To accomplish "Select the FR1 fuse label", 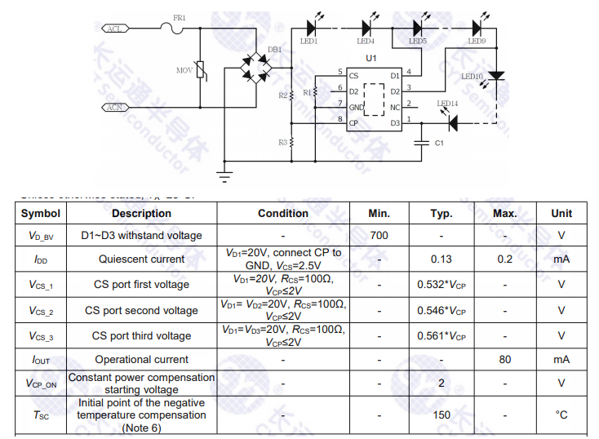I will pyautogui.click(x=180, y=18).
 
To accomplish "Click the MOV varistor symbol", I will pyautogui.click(x=202, y=71).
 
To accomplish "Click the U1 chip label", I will pyautogui.click(x=371, y=58).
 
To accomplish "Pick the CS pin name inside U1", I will pyautogui.click(x=353, y=76).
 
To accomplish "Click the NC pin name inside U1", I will pyautogui.click(x=395, y=107).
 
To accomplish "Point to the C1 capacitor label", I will pyautogui.click(x=438, y=143).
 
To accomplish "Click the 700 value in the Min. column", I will pyautogui.click(x=379, y=236).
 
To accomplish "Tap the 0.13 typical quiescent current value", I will pyautogui.click(x=441, y=259).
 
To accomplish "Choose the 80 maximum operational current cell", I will pyautogui.click(x=505, y=359).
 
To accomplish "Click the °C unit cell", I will pyautogui.click(x=561, y=415).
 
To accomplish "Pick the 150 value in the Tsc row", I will pyautogui.click(x=441, y=415).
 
